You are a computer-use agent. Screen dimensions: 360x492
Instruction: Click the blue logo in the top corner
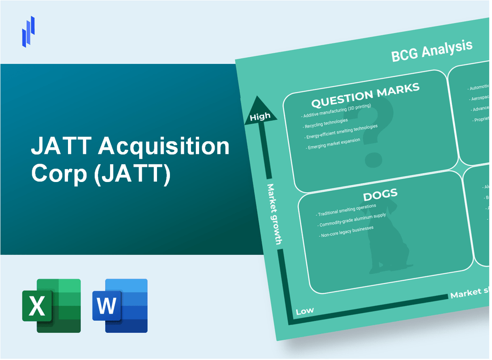tap(28, 31)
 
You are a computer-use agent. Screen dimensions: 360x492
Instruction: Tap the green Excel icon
tap(51, 305)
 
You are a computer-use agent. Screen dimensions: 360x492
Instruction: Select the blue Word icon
tap(120, 305)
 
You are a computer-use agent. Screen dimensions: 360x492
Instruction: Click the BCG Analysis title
tap(432, 51)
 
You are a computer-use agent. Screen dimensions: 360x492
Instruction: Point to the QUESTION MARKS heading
tap(365, 95)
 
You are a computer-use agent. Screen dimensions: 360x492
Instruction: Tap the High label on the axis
tap(260, 117)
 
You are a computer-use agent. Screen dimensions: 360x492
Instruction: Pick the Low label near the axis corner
tap(305, 310)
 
